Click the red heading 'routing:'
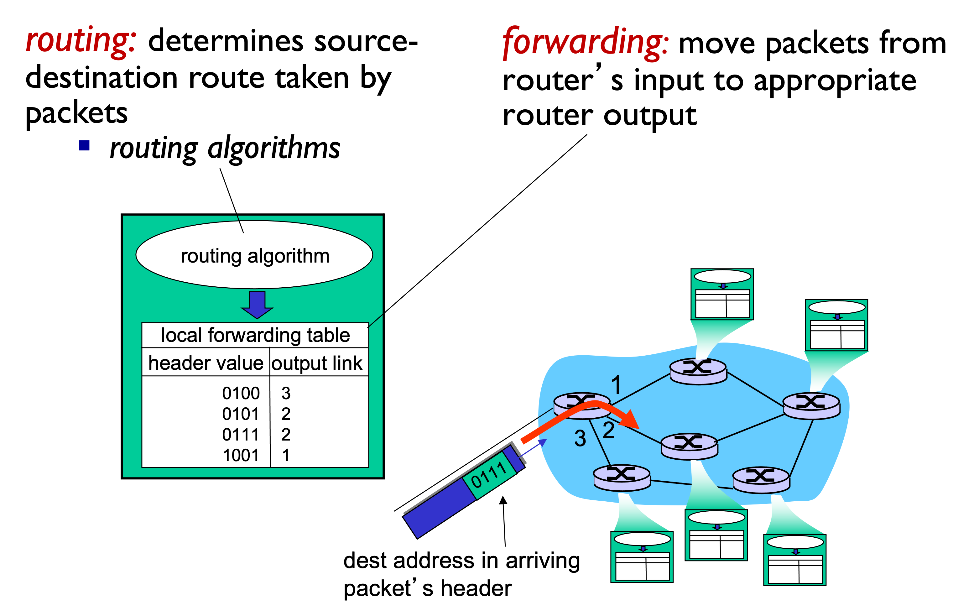[x=81, y=41]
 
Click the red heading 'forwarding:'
[x=586, y=42]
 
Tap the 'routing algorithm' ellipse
[x=254, y=255]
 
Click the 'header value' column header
[x=206, y=363]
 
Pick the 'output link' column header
[x=317, y=363]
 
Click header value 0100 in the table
[x=241, y=393]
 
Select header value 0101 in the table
[x=241, y=414]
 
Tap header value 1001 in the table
[x=241, y=455]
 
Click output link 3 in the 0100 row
[x=286, y=393]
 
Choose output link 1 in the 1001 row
[x=286, y=455]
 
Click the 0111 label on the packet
[x=488, y=475]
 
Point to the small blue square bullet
[x=84, y=145]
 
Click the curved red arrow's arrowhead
[x=631, y=420]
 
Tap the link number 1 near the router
[x=616, y=385]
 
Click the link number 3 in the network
[x=580, y=438]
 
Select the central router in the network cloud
[x=690, y=446]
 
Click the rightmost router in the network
[x=811, y=405]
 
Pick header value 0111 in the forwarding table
[x=241, y=435]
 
